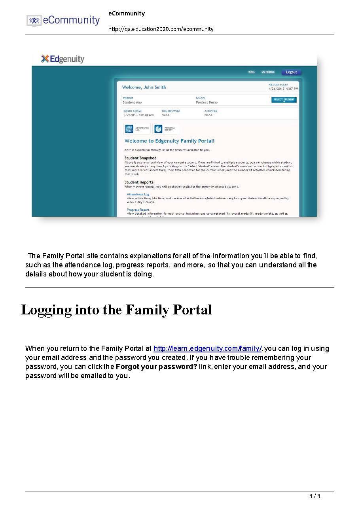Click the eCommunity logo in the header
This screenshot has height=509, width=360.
point(63,20)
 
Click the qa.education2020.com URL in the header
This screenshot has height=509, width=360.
point(161,29)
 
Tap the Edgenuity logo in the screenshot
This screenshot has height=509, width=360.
point(63,59)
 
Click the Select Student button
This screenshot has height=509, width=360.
point(284,100)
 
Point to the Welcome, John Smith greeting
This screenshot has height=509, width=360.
point(144,87)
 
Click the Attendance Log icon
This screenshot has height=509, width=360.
point(129,129)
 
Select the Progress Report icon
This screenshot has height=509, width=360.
point(158,129)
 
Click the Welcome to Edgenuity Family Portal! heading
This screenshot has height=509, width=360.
point(169,141)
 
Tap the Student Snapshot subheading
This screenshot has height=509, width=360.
point(140,158)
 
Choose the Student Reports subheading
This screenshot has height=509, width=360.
point(139,182)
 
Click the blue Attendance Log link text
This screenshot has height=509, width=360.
point(138,194)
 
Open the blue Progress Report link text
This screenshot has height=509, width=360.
point(138,210)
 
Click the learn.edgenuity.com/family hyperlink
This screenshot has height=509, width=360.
point(207,348)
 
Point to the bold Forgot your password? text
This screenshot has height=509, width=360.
point(156,367)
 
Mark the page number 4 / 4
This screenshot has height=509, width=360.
point(315,496)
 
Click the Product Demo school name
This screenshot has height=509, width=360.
point(207,102)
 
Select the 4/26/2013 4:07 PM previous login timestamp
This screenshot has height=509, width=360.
point(283,89)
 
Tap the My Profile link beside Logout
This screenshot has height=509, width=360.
point(268,72)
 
